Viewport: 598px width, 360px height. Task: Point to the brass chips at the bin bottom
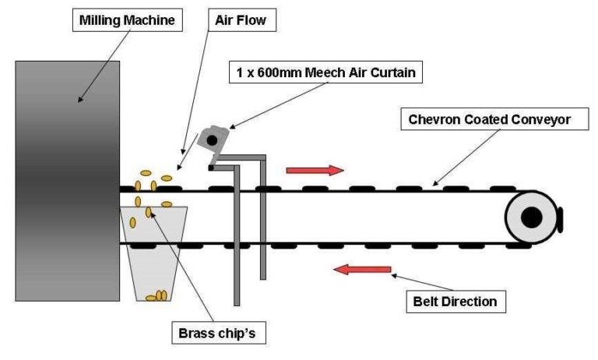[158, 295]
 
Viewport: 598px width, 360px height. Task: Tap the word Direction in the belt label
[471, 299]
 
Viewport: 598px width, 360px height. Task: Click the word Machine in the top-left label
[152, 20]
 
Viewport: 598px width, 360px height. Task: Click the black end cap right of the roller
[560, 217]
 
